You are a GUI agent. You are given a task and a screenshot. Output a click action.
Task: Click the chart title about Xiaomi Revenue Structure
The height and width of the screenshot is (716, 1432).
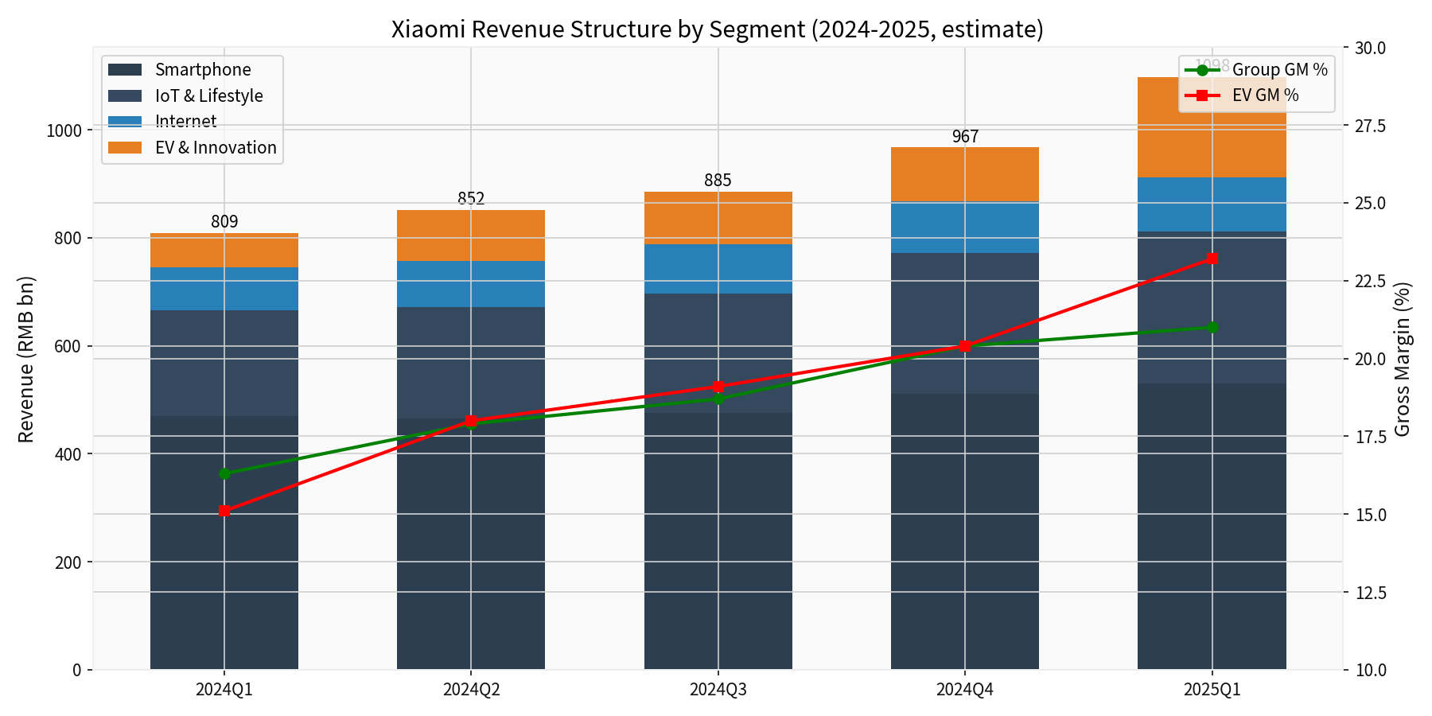coord(717,29)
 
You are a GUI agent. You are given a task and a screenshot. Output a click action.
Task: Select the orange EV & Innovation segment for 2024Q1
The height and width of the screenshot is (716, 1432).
coord(224,251)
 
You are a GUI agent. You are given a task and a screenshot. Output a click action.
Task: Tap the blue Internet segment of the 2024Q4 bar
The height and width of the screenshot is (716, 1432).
coord(965,228)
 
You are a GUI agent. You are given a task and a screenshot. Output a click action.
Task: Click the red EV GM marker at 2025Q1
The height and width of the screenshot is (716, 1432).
coord(1212,259)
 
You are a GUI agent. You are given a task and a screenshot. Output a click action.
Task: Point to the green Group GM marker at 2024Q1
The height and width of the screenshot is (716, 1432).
coord(224,473)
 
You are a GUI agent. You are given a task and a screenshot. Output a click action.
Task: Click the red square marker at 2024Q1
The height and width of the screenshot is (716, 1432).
coord(224,511)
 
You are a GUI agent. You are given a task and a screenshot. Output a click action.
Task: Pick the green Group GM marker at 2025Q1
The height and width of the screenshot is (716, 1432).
coord(1212,327)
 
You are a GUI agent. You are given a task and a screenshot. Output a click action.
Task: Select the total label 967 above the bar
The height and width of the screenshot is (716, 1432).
coord(965,137)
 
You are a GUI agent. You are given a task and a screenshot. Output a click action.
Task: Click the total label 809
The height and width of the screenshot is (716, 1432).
coord(224,222)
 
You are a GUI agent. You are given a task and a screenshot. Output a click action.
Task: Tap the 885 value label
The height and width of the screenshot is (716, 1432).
coord(718,181)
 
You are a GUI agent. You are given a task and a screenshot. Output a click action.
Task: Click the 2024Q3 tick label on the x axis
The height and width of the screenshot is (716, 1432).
coord(718,690)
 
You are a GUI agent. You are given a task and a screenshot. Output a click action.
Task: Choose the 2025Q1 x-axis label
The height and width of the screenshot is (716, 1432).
coord(1212,690)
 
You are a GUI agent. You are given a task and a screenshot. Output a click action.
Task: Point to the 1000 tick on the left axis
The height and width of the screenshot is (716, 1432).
coord(64,130)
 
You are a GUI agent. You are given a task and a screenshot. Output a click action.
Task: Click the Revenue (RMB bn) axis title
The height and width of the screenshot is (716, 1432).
coord(26,359)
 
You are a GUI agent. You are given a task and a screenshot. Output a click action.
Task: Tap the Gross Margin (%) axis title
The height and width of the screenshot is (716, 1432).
coord(1403,359)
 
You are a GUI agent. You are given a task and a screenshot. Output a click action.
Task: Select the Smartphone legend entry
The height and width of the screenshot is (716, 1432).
coord(203,70)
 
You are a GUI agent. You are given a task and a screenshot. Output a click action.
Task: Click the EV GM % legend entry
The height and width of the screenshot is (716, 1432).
coord(1265,95)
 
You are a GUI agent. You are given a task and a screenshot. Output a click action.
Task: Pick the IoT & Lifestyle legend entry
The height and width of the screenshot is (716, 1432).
coord(208,96)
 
